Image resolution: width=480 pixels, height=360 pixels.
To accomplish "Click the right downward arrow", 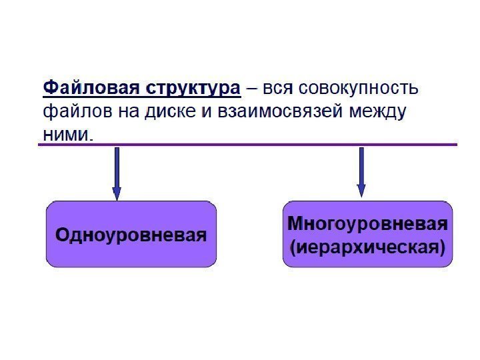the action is tap(361, 171).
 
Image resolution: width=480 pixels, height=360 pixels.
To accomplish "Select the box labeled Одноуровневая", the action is tap(131, 235).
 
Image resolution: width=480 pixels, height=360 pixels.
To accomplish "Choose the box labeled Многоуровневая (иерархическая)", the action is tap(368, 234).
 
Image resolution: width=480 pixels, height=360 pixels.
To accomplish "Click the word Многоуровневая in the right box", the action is tap(368, 223).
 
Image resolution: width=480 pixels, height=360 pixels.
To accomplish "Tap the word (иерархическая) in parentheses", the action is tap(368, 247).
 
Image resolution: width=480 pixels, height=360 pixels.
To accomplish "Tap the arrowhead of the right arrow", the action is tap(361, 191).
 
